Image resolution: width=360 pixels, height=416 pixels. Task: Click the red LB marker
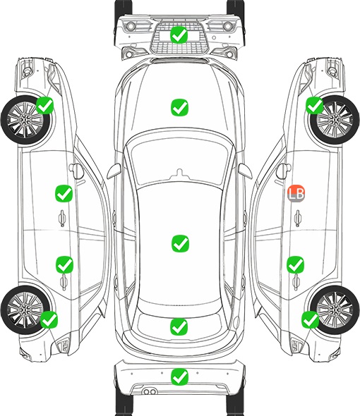point(296,193)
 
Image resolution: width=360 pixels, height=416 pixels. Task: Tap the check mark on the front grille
point(179,35)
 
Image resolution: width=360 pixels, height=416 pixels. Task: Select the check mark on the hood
point(179,107)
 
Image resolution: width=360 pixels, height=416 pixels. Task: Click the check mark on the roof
point(180,243)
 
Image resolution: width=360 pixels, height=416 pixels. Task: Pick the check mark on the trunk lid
point(179,326)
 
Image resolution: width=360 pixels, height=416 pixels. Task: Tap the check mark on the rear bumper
point(179,377)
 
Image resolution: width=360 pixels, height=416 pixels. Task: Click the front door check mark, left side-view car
point(64,193)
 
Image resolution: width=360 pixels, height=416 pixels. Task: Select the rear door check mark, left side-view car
point(64,264)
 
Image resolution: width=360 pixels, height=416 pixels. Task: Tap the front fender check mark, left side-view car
point(45,105)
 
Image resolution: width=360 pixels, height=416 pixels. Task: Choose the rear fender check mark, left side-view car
point(49,319)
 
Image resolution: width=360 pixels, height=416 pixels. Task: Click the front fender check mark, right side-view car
point(315,105)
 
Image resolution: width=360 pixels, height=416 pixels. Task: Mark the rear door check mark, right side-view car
point(295,264)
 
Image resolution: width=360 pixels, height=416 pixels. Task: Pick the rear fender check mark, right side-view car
point(310,319)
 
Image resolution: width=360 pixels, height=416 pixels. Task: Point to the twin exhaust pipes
point(150,391)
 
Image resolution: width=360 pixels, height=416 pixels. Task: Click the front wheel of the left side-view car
point(26,120)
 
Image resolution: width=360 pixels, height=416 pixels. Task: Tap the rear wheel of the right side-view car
point(334,310)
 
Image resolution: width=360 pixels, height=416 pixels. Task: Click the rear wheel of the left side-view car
point(25,310)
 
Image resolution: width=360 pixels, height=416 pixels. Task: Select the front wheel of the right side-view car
point(335,120)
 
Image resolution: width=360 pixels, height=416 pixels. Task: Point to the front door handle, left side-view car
point(62,218)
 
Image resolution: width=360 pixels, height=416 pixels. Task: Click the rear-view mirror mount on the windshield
point(180,173)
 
